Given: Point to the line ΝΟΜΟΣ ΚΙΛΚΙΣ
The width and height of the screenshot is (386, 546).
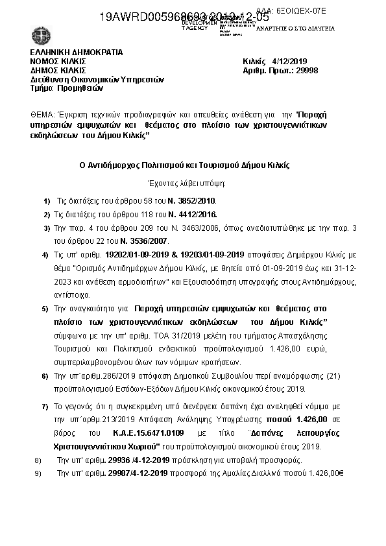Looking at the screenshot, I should (58, 61).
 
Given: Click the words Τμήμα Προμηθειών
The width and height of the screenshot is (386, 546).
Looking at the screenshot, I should (59, 88).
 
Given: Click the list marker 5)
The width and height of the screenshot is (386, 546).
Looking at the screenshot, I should (45, 310).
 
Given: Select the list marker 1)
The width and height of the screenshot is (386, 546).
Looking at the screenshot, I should (45, 202).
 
